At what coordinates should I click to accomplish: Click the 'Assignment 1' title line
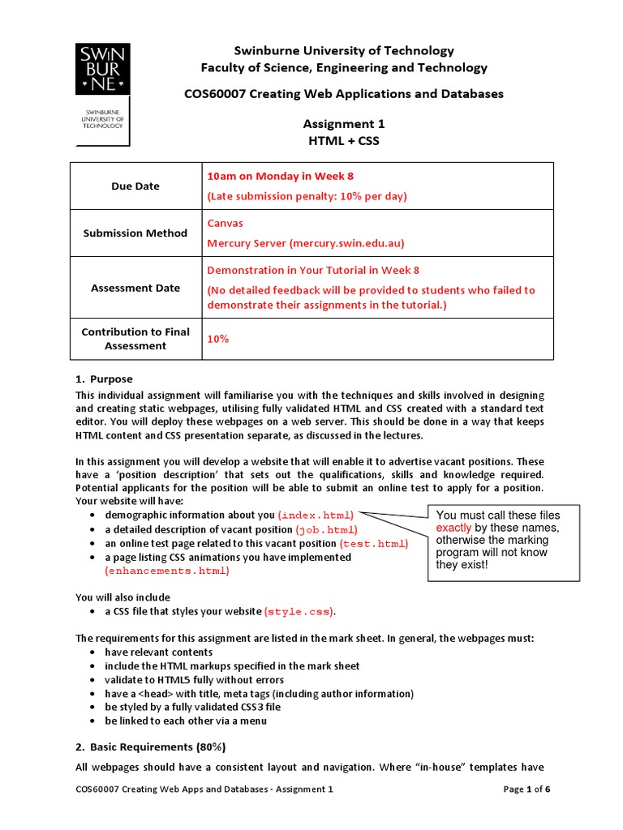coord(344,124)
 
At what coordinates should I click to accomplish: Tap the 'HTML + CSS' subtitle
coord(344,140)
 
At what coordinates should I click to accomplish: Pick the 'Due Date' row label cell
coord(135,186)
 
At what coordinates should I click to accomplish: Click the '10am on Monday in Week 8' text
coord(281,176)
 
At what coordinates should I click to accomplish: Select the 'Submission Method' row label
coord(135,233)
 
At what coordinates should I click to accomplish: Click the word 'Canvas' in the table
coord(225,223)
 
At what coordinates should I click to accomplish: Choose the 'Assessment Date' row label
coord(135,288)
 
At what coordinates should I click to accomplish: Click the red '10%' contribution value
coord(218,339)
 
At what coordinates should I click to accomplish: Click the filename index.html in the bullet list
coord(320,516)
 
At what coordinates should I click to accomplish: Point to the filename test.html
coord(374,543)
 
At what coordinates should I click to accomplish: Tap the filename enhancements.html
coord(168,571)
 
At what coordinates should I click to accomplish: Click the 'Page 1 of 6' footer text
coord(526,789)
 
